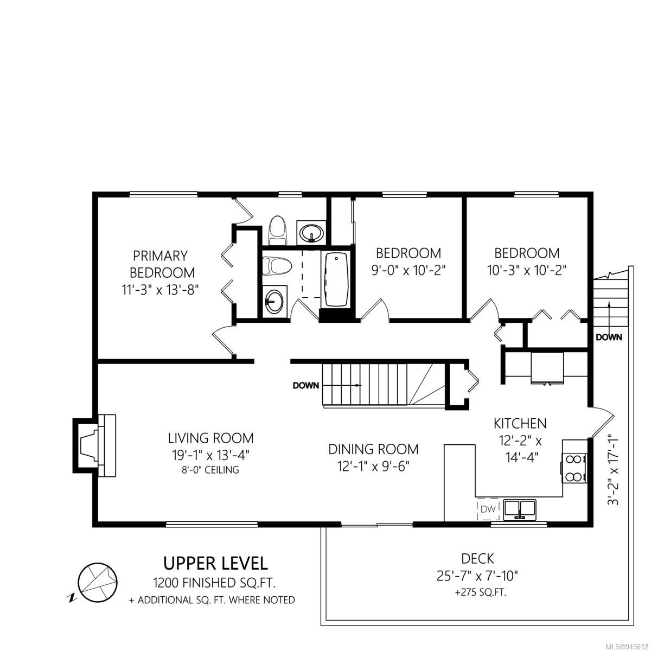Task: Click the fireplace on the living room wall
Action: [94, 445]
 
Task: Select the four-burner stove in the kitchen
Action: [575, 468]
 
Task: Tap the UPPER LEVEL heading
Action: [215, 564]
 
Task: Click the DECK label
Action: [478, 559]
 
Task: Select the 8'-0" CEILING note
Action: [210, 470]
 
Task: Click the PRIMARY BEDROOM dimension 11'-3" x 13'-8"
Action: [160, 290]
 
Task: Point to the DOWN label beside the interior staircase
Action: [306, 386]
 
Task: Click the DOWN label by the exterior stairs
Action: [609, 337]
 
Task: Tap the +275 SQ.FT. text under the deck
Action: [481, 592]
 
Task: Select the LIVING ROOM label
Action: [211, 438]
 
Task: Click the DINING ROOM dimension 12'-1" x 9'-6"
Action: [373, 467]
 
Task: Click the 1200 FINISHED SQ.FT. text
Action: [214, 583]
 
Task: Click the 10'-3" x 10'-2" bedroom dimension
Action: [527, 270]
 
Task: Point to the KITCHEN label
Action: [520, 423]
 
